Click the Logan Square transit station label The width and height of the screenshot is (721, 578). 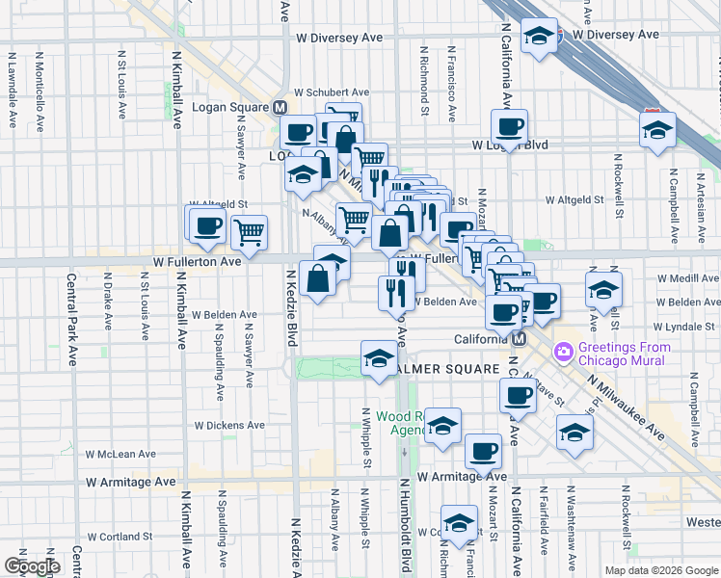point(232,107)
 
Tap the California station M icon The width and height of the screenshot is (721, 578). point(519,339)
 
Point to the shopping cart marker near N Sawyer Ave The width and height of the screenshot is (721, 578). point(250,231)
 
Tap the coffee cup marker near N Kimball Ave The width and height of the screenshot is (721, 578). point(205,225)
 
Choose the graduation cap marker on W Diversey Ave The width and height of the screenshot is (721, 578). point(539,38)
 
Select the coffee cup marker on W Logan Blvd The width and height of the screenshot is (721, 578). point(509,125)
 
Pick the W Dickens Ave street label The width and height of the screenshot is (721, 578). point(229,424)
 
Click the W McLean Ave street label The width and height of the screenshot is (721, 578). point(120,454)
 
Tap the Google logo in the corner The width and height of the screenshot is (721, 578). point(32,566)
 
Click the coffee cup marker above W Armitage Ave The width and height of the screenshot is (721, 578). point(483,450)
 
